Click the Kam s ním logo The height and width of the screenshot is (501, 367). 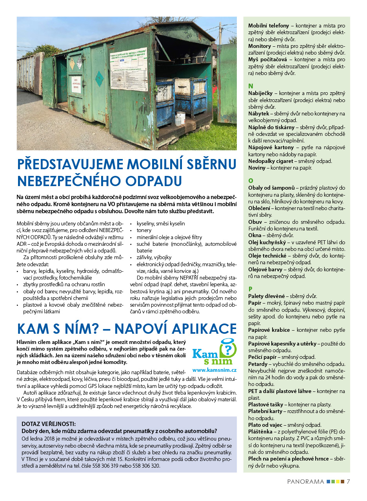click(214, 352)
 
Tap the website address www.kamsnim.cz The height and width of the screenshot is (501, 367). click(214, 370)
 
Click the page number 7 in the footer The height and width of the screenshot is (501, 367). click(348, 481)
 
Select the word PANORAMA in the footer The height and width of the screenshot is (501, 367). click(305, 481)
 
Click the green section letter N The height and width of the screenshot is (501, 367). click(251, 86)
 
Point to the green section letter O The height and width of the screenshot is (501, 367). click(251, 181)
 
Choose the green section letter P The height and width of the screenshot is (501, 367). click(250, 289)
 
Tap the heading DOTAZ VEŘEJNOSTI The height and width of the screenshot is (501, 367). click(49, 424)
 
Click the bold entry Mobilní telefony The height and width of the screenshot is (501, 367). click(269, 26)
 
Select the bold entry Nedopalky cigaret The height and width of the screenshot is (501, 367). click(270, 161)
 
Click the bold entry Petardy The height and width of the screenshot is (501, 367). click(258, 364)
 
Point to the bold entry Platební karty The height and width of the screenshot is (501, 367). click(265, 411)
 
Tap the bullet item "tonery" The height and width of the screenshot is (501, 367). click(144, 230)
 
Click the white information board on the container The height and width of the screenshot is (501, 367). click(128, 64)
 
